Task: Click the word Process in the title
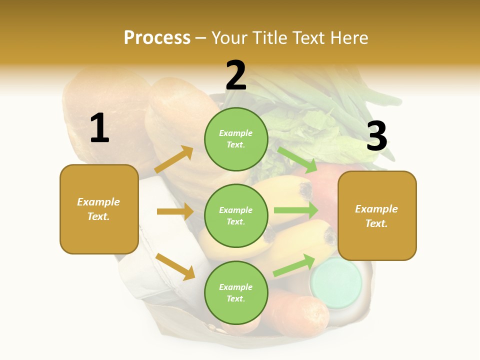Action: click(x=157, y=37)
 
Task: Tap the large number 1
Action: click(x=99, y=128)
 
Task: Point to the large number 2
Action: click(x=236, y=75)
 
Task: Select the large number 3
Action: click(x=377, y=136)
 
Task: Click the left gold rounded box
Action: click(x=99, y=209)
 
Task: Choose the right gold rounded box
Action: click(x=377, y=215)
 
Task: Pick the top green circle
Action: click(x=236, y=139)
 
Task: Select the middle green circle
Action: click(x=236, y=215)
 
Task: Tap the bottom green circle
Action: click(x=236, y=292)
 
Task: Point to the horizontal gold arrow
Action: click(x=175, y=211)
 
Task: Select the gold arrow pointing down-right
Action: click(x=175, y=266)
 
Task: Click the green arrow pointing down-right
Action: click(x=298, y=159)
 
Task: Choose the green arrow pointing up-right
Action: click(x=295, y=265)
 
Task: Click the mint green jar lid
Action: click(x=336, y=282)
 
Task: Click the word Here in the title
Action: click(x=348, y=37)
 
